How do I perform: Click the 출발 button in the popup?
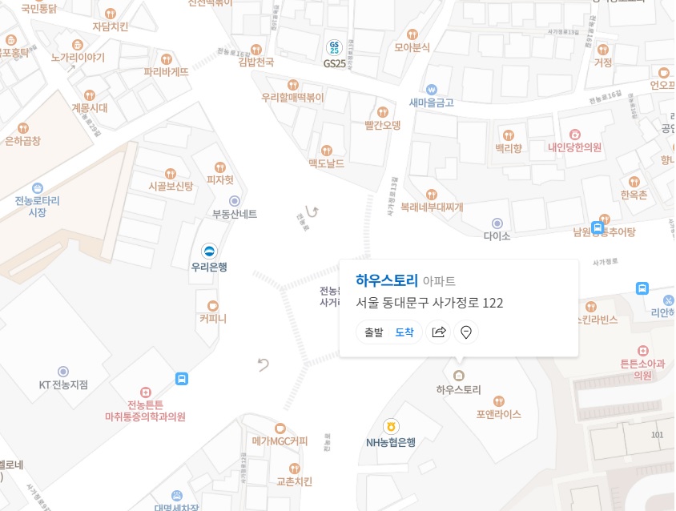pyautogui.click(x=374, y=332)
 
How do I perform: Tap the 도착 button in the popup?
pyautogui.click(x=404, y=332)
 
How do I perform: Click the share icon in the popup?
pyautogui.click(x=439, y=332)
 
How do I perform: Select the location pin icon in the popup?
pyautogui.click(x=466, y=332)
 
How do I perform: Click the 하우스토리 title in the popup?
pyautogui.click(x=387, y=280)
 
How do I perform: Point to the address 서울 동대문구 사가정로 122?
pyautogui.click(x=429, y=303)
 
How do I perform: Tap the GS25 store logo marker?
pyautogui.click(x=335, y=47)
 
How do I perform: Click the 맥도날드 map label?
pyautogui.click(x=326, y=163)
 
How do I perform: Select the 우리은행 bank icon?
pyautogui.click(x=209, y=251)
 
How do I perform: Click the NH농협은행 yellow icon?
pyautogui.click(x=391, y=426)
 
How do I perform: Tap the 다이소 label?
pyautogui.click(x=497, y=236)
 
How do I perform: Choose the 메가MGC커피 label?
pyautogui.click(x=280, y=441)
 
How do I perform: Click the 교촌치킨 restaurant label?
pyautogui.click(x=294, y=481)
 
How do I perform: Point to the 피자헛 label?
pyautogui.click(x=220, y=180)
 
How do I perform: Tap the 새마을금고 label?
pyautogui.click(x=432, y=102)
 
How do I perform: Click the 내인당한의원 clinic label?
pyautogui.click(x=574, y=147)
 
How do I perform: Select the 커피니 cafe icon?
pyautogui.click(x=213, y=305)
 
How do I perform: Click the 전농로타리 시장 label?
pyautogui.click(x=38, y=206)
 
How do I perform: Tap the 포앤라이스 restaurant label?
pyautogui.click(x=498, y=414)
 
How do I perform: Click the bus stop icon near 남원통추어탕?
pyautogui.click(x=598, y=227)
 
